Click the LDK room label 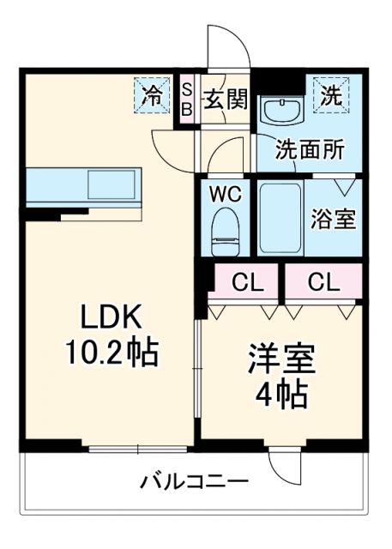(x=110, y=318)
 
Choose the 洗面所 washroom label (x=310, y=148)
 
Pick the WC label (x=226, y=194)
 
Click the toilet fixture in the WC (x=226, y=227)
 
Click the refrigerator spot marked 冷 (x=152, y=94)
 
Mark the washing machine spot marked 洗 (x=331, y=94)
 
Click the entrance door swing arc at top (x=227, y=47)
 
